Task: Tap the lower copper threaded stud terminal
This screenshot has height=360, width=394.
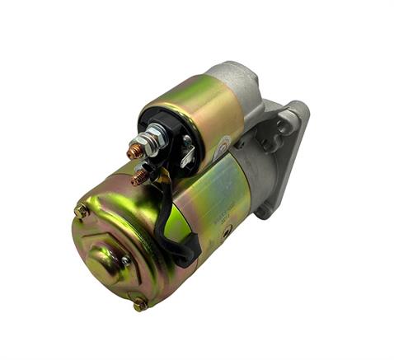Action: coord(139,176)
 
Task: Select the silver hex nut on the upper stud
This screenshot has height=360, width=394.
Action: coord(151,147)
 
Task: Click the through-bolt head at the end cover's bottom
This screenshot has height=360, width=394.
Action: coord(141,304)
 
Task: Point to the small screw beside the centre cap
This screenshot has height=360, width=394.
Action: coord(126,261)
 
